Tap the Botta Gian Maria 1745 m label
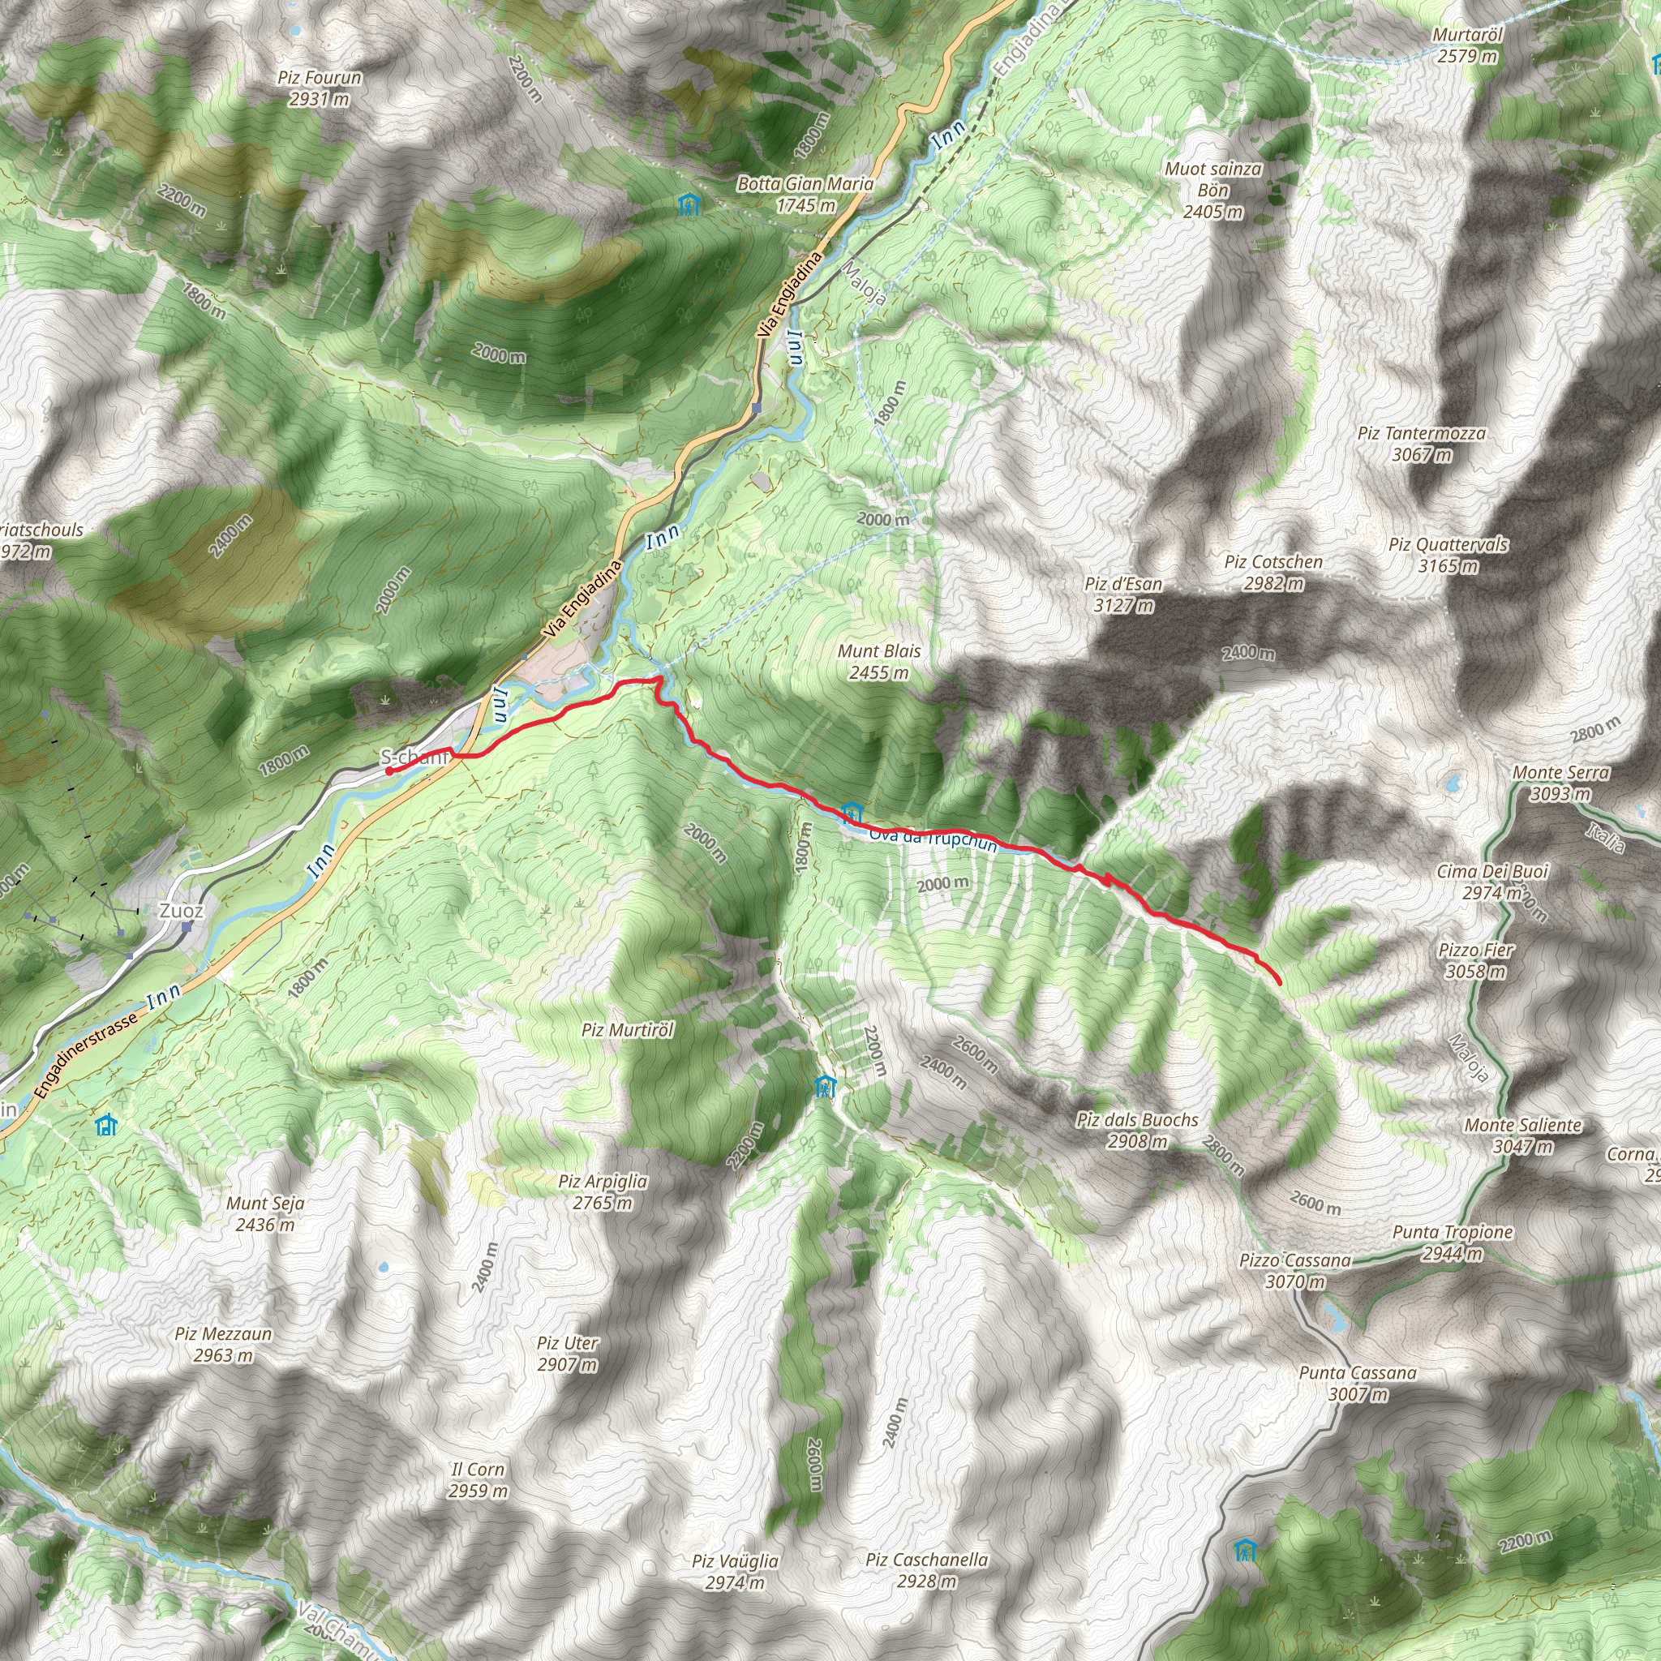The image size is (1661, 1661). point(805,195)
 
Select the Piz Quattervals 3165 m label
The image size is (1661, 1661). point(1448,555)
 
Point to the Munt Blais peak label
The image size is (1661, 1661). point(878,661)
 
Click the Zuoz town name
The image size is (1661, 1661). point(182,911)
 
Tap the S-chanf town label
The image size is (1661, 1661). point(414,757)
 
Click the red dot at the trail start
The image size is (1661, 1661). point(389,771)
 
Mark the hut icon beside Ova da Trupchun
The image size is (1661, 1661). point(851,811)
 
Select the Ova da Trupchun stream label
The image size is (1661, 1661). point(933,839)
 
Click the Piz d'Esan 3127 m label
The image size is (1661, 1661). point(1122,594)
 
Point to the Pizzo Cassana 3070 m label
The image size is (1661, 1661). point(1294,1271)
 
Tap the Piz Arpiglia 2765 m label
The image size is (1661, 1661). point(603,1191)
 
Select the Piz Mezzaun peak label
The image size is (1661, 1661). point(224,1344)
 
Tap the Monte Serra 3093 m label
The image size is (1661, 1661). point(1560,783)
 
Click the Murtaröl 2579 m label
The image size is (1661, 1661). point(1467,45)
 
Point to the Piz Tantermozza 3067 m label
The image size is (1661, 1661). point(1421,444)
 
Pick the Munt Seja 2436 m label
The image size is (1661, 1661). point(264,1213)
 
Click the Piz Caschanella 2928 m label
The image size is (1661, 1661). point(927,1570)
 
